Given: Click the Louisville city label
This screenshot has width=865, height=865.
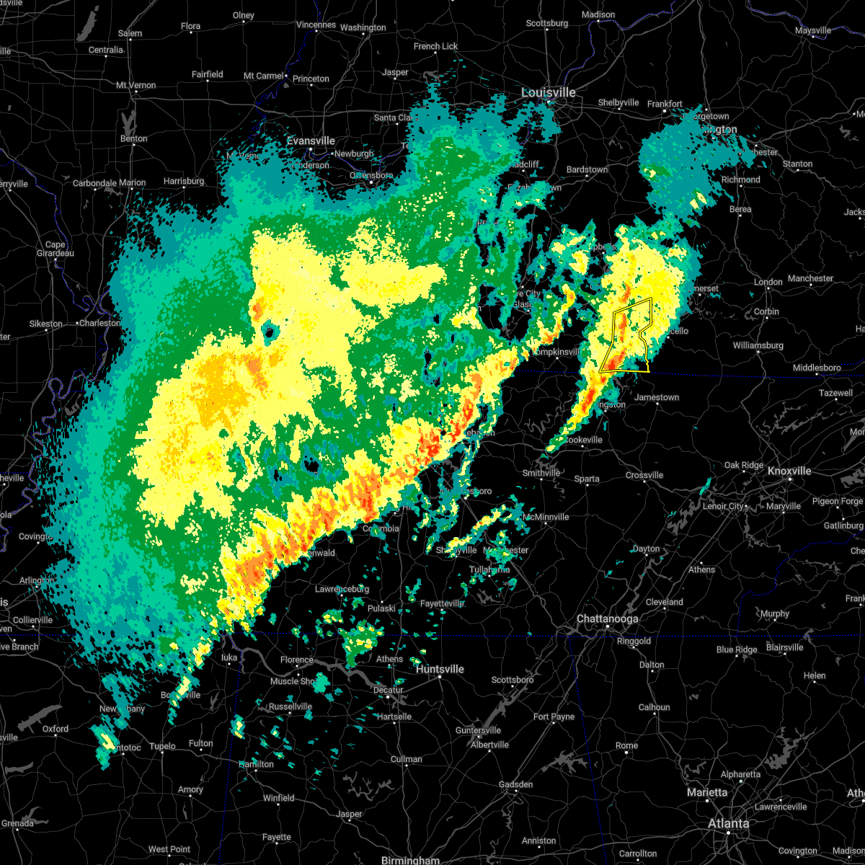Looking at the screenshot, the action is pos(549,93).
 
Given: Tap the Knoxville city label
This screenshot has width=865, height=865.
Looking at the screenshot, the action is pos(789,471).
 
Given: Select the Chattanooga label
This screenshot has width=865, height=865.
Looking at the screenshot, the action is pos(607,619).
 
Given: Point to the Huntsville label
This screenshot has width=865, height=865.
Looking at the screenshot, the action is pos(440,669).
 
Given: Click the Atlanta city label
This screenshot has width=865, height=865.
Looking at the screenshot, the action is pos(728,823).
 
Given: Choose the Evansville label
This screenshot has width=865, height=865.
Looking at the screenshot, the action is pos(311,141).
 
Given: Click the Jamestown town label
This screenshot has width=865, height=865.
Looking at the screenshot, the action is pos(657,397).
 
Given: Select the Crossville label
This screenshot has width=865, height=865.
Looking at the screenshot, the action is pos(644,475).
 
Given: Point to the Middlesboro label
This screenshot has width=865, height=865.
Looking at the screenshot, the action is pos(817,368).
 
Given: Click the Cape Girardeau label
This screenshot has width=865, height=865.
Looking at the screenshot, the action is pos(56,249).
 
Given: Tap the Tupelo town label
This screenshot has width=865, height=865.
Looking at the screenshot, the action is pos(162,746).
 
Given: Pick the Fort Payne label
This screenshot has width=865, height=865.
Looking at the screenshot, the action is pos(554,717).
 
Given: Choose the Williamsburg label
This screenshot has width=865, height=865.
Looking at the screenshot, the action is pos(758,345).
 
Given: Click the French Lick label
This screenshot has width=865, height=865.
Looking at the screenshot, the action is pos(435,46).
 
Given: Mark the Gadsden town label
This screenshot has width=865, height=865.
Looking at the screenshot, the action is pos(516,784).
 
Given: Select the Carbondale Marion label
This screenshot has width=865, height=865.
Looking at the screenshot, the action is pos(109,183).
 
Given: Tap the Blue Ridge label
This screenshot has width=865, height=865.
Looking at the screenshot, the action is pos(737,649).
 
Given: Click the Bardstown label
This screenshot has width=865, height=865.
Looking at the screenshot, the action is pos(587,169).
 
